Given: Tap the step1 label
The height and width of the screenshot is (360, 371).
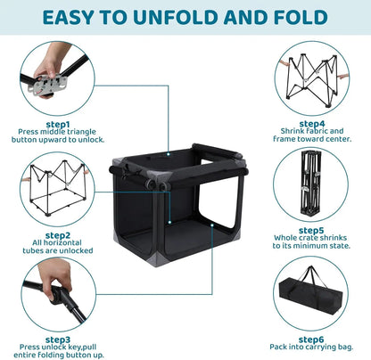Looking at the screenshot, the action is coord(58,125).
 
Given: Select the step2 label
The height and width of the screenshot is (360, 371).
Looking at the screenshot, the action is coord(58,235).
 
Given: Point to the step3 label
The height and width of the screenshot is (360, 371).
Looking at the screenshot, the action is coord(58,340).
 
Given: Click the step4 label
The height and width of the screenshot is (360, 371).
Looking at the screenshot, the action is coord(312,124).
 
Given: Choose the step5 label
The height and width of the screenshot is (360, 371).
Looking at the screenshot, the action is coord(311,231).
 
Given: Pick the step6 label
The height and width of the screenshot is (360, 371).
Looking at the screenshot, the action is coord(311,340).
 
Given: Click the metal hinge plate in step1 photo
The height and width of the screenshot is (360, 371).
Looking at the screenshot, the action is coord(49,84).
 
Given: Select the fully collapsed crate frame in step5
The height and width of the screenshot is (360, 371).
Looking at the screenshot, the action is coord(310,183).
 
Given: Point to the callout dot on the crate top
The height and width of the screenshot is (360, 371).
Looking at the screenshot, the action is coord(169,154).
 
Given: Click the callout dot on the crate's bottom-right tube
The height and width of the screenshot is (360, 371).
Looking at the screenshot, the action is coord(212,225).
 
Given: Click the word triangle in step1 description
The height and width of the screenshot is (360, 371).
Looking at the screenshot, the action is coord(81,132).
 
